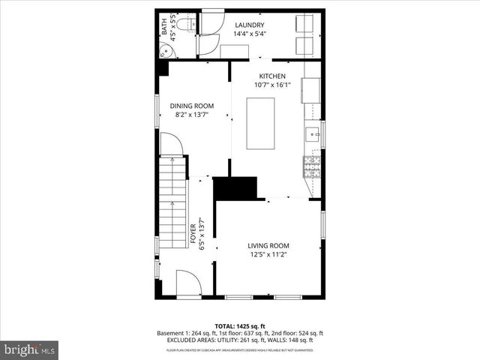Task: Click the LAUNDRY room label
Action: click(x=249, y=25)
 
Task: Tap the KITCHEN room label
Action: click(x=272, y=76)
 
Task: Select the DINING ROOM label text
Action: click(x=191, y=106)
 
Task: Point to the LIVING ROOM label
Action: click(x=268, y=245)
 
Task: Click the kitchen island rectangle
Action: click(x=260, y=123)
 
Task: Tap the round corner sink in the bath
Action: click(x=166, y=50)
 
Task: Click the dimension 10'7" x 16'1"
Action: click(x=272, y=85)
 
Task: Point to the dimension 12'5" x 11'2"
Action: click(x=268, y=254)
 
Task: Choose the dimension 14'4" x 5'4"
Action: click(x=249, y=34)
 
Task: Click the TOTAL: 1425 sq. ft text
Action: click(x=239, y=325)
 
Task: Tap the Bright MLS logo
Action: click(x=29, y=349)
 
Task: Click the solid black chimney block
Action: click(x=235, y=188)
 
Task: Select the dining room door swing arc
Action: click(x=171, y=143)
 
